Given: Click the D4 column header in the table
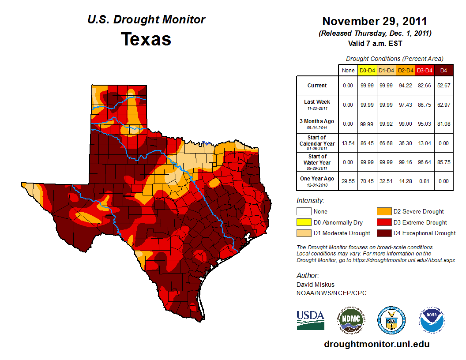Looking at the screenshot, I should [444, 71].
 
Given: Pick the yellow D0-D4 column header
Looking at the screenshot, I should [367, 71].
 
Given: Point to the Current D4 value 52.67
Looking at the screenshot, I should [444, 86].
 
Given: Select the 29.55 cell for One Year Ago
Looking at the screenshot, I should [348, 181].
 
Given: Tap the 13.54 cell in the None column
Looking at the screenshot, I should [348, 143].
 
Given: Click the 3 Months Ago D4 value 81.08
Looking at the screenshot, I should [444, 124].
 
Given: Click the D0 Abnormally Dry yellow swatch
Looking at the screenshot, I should [304, 222].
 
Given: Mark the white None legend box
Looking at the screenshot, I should [304, 212].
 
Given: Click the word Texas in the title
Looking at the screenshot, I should [146, 39].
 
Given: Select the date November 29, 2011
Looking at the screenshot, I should [375, 21].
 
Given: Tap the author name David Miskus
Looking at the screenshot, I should [315, 285].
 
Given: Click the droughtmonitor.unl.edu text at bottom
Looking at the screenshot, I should [376, 344].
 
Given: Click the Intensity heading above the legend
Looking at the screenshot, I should [310, 201].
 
